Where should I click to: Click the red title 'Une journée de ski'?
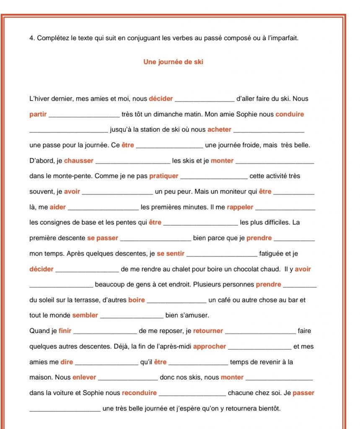coord(173,62)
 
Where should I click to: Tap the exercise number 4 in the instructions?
coord(31,38)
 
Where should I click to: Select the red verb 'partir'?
coord(38,114)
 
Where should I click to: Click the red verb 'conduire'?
coord(290,114)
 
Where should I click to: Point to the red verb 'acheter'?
coord(219,130)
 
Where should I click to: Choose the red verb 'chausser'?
coord(79,160)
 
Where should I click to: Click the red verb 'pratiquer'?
coord(163,176)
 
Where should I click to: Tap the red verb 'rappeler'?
coord(240,207)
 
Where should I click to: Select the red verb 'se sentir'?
coord(171,253)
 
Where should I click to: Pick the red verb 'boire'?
coord(137,300)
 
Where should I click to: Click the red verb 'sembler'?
coord(85,315)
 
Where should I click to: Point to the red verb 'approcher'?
coord(210,346)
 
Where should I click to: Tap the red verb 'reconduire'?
coord(139,393)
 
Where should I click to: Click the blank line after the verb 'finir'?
coord(105,333)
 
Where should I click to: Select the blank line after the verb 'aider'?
coord(103,209)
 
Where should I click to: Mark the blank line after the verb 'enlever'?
coord(128,379)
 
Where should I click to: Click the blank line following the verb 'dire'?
coord(106,364)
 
